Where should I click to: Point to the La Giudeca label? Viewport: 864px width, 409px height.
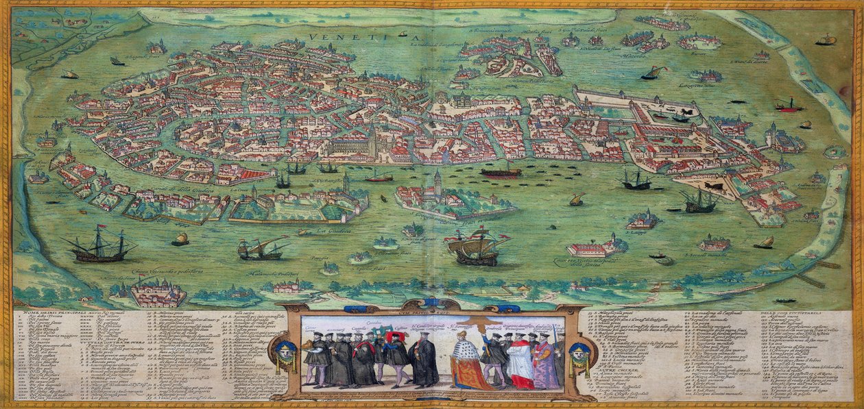point(330,231)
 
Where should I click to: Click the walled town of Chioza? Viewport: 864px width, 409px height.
point(158,293)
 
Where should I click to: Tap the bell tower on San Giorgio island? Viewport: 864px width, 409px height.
point(437,182)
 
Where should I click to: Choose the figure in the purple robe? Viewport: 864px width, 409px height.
point(545,363)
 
